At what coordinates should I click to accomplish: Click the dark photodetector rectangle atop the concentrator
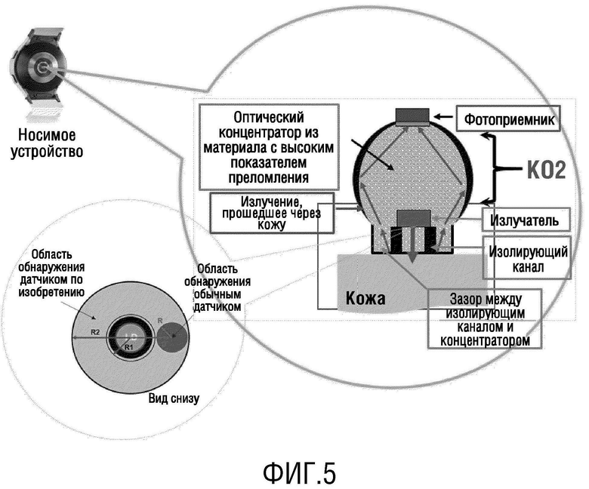pyautogui.click(x=413, y=115)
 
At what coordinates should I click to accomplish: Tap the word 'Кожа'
pyautogui.click(x=365, y=299)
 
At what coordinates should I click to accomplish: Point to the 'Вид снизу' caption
pyautogui.click(x=174, y=398)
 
